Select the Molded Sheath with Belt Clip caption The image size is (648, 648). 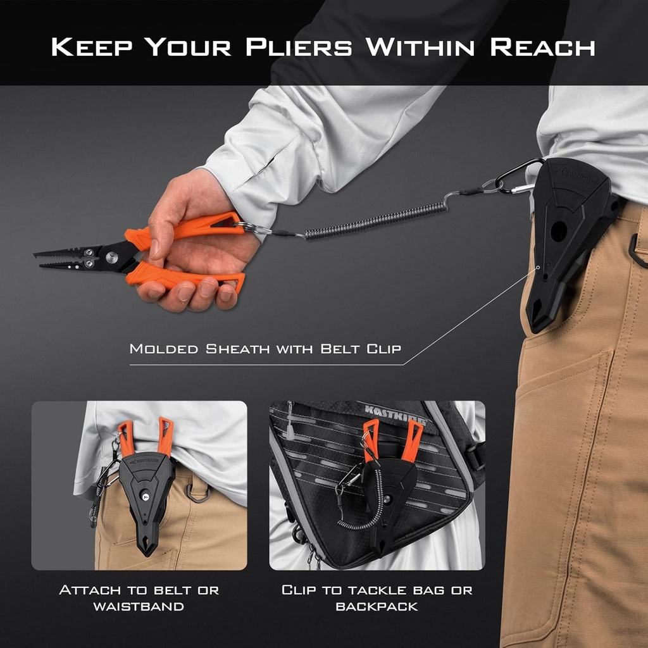click(x=265, y=348)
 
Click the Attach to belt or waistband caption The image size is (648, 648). click(x=139, y=598)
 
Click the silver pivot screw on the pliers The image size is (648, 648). click(x=111, y=256)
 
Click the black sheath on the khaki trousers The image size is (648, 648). click(x=566, y=240)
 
